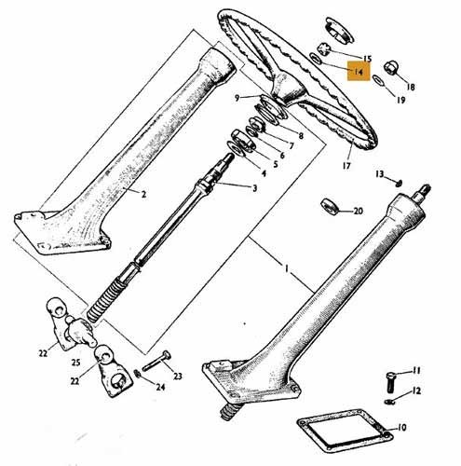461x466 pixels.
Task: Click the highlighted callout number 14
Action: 359,72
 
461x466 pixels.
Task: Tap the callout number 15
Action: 367,59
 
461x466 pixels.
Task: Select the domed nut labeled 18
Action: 390,68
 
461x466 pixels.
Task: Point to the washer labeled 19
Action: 378,80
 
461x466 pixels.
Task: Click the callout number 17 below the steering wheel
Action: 346,166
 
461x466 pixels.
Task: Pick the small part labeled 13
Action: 400,184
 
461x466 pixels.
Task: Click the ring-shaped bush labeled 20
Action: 329,206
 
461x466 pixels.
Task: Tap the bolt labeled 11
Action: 390,382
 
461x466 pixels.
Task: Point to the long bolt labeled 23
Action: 156,362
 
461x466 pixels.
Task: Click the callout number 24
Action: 160,387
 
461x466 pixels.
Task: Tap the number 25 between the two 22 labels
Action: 76,363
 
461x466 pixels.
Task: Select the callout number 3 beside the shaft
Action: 254,188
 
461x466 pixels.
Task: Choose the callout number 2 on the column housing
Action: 143,195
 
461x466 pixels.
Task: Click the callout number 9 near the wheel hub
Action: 237,98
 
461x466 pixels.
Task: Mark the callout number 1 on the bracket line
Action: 287,268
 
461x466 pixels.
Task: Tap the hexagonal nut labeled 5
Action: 244,140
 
